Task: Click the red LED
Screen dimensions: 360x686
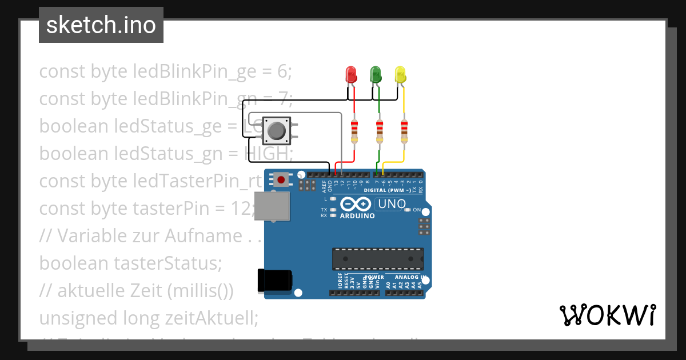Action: pyautogui.click(x=351, y=75)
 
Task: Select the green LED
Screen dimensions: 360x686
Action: pyautogui.click(x=376, y=74)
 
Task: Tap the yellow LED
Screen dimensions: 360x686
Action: pyautogui.click(x=400, y=75)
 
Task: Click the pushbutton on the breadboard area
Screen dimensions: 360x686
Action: pyautogui.click(x=277, y=131)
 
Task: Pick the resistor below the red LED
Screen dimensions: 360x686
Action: pyautogui.click(x=354, y=132)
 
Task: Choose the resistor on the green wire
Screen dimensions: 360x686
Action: pyautogui.click(x=379, y=132)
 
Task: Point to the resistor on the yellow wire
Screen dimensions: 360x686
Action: pyautogui.click(x=404, y=132)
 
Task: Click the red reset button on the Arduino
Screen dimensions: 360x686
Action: pyautogui.click(x=281, y=180)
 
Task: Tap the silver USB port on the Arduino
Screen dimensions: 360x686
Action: pyautogui.click(x=272, y=206)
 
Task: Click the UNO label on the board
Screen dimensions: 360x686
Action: pyautogui.click(x=392, y=203)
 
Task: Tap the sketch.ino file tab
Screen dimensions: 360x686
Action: pyautogui.click(x=101, y=25)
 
